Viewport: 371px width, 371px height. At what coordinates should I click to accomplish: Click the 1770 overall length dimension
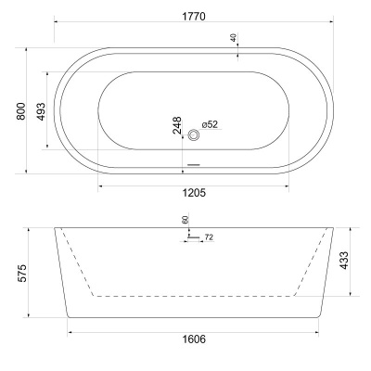194,17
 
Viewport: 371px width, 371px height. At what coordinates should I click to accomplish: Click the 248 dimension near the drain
177,125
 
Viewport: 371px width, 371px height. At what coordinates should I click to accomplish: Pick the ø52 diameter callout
211,124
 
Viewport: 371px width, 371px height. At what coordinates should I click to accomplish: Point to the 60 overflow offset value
185,220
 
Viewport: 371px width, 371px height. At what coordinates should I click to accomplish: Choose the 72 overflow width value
209,238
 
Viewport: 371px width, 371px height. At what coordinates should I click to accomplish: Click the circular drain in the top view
194,134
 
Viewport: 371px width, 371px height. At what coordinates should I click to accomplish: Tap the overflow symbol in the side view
193,237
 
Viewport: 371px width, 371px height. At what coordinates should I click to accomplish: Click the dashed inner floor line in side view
194,297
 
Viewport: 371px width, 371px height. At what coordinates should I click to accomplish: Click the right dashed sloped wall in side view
309,264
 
